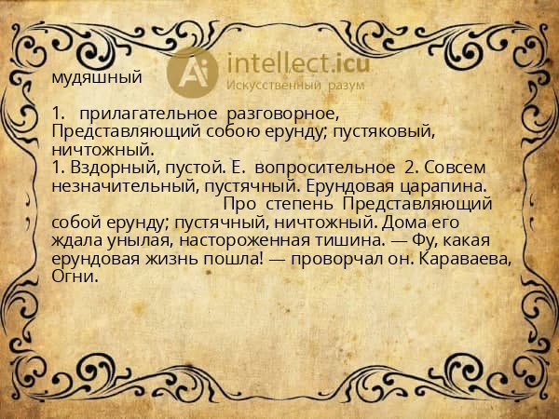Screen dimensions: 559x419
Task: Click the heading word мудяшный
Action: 97,78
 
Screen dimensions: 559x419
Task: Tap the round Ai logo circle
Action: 192,73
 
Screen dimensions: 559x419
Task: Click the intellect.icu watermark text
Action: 298,62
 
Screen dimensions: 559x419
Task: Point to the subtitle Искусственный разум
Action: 295,86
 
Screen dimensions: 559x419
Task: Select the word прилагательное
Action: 148,114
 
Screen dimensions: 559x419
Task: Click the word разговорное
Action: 282,114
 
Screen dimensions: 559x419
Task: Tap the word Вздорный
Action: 115,168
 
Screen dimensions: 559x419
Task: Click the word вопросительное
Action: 325,169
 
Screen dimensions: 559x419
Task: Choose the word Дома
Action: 403,223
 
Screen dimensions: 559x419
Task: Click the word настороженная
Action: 244,240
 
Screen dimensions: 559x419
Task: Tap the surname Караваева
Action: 465,259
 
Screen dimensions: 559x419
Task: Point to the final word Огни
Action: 75,277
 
